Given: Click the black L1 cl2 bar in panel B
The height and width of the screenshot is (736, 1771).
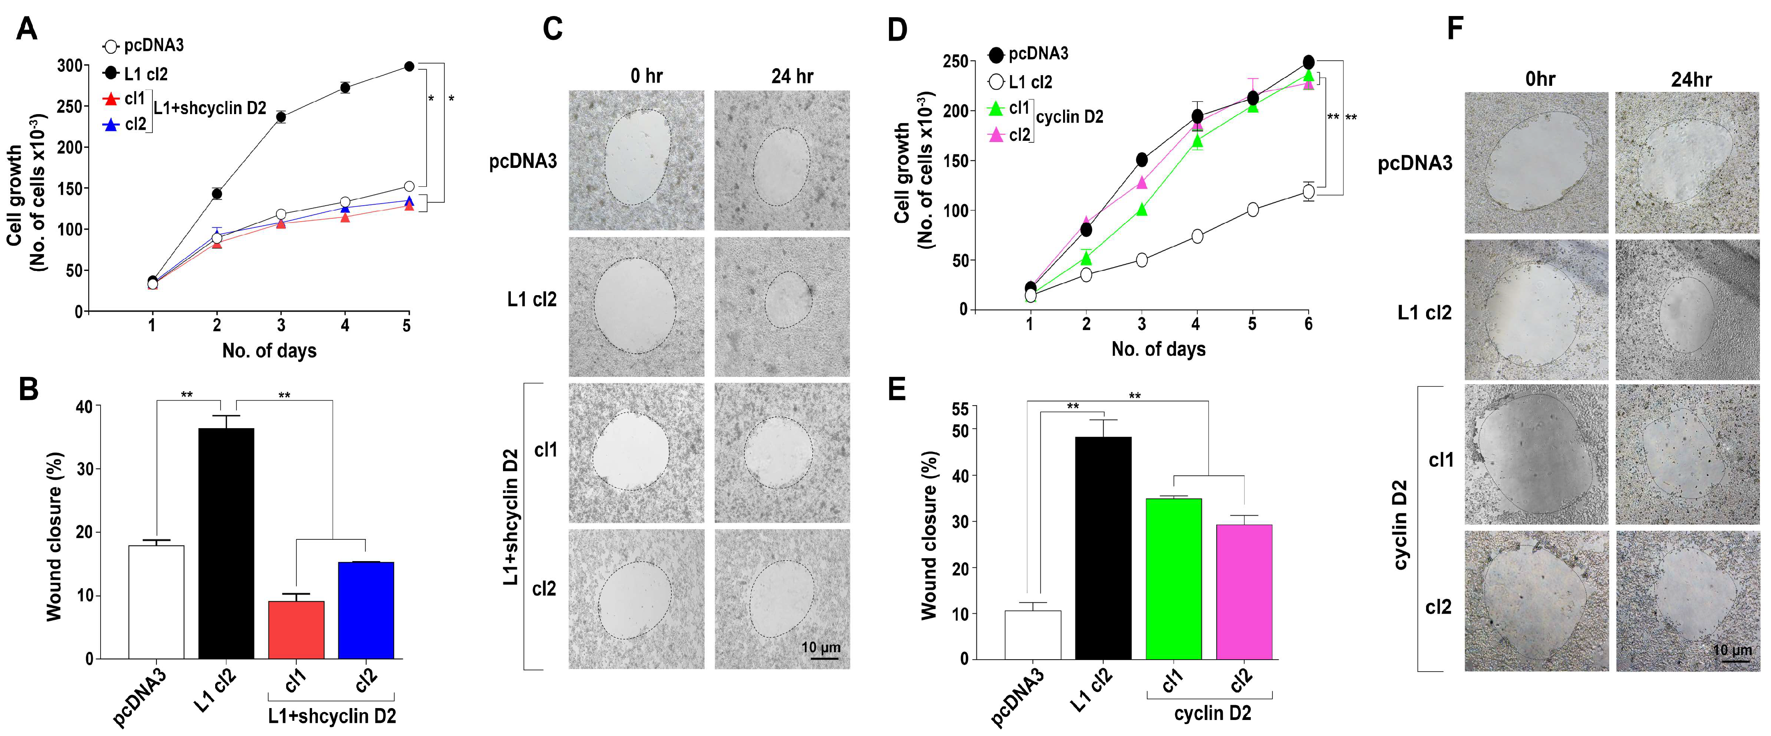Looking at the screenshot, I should point(226,543).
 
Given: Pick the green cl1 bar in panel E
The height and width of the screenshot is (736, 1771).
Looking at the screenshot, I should point(1174,579).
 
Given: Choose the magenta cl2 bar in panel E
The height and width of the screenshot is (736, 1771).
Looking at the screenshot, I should point(1244,592).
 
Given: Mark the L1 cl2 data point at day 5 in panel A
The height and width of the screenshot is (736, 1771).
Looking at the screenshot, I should point(409,66).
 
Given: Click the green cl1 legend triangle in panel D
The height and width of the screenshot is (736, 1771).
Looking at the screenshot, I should point(995,109).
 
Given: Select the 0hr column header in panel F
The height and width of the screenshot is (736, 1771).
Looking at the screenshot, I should point(1539,80).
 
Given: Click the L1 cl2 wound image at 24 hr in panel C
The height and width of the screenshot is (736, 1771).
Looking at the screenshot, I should point(782,307).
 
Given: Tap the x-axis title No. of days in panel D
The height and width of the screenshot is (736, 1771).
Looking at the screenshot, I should point(1158,349).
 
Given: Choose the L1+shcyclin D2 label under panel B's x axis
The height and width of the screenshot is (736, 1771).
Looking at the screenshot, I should point(331,716).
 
